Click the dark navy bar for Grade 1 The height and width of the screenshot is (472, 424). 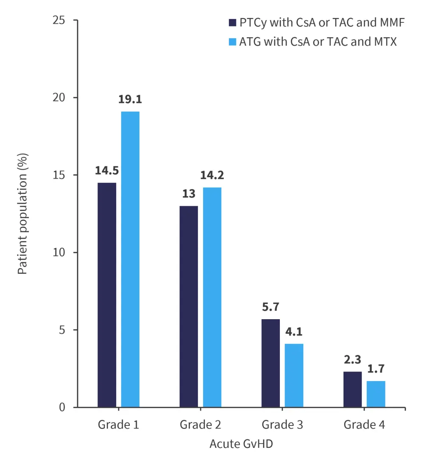(x=107, y=295)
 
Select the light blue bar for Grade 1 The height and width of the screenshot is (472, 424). (x=130, y=259)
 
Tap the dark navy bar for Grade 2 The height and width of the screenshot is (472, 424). (x=189, y=306)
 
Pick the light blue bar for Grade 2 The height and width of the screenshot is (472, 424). (x=212, y=297)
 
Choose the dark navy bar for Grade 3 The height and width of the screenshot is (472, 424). (x=271, y=363)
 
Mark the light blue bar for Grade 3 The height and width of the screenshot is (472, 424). (x=294, y=375)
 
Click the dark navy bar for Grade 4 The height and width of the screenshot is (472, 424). (x=352, y=389)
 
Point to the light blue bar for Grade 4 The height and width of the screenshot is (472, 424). (x=376, y=394)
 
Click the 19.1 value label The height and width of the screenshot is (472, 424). (x=131, y=99)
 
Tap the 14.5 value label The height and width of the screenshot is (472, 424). (x=107, y=171)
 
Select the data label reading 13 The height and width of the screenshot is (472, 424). (x=189, y=194)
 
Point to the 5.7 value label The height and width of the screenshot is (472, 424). (x=271, y=307)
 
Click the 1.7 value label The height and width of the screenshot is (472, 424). (x=376, y=369)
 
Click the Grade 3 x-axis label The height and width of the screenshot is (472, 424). (x=282, y=425)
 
